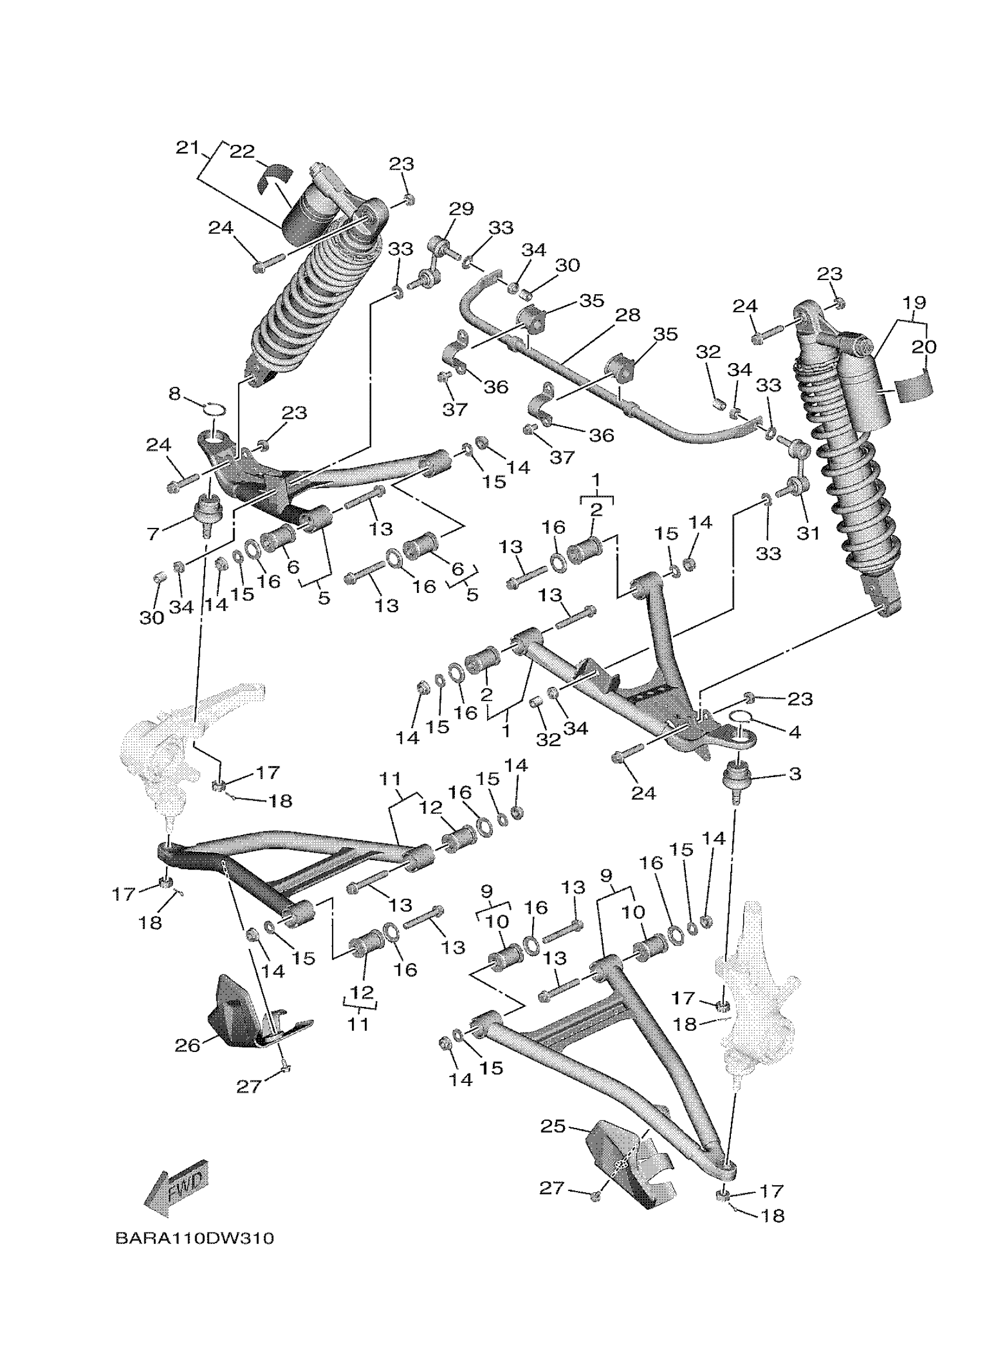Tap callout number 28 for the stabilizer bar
click(627, 315)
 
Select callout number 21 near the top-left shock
click(187, 147)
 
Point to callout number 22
click(242, 151)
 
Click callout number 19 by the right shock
click(914, 302)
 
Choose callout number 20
click(924, 347)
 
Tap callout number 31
click(808, 533)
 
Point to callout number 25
click(553, 1126)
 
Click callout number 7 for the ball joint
click(153, 533)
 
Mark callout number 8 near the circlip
click(174, 395)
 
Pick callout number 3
click(795, 773)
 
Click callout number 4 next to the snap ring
click(795, 732)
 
